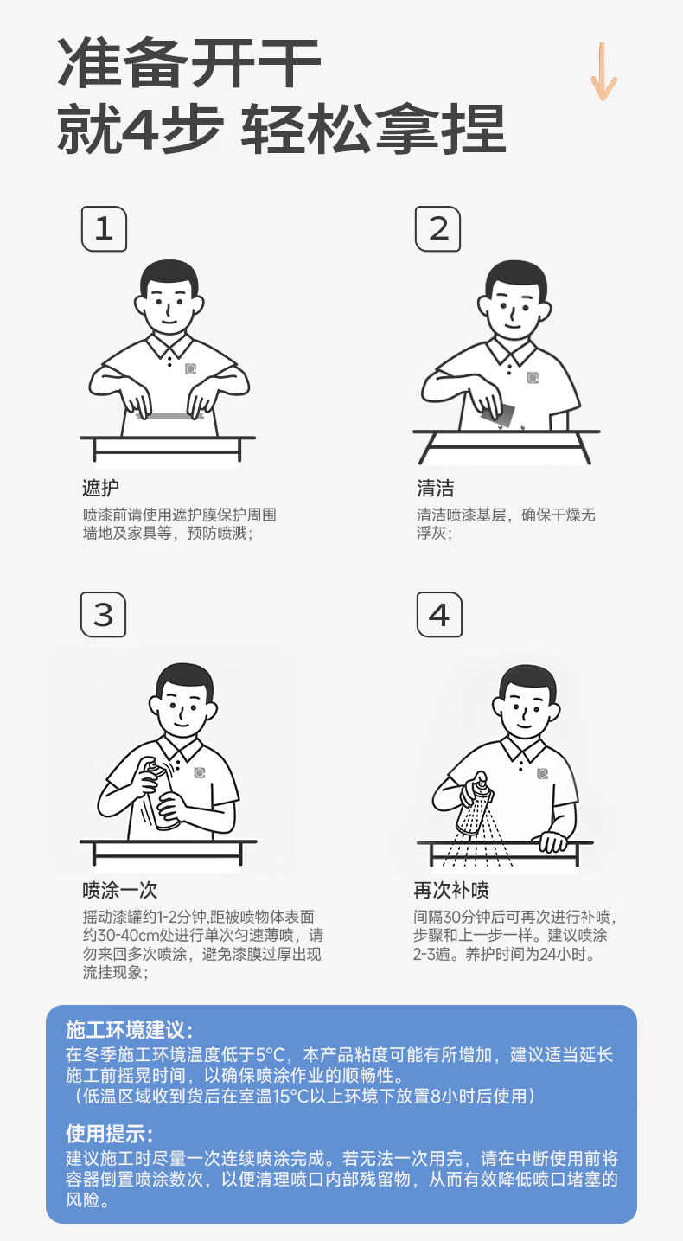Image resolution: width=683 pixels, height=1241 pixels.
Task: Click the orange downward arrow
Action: (602, 72)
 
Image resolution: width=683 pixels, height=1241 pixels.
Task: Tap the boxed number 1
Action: (104, 229)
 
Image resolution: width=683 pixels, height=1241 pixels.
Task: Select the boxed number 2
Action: (438, 229)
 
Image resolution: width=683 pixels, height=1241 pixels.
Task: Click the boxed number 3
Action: (104, 614)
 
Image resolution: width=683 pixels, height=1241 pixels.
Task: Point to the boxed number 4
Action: (439, 614)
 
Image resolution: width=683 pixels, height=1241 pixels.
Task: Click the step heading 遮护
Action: (100, 488)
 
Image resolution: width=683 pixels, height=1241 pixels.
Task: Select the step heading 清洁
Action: (436, 488)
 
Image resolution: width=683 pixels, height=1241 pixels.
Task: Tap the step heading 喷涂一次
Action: (119, 890)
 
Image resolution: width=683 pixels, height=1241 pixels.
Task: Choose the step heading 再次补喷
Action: (451, 890)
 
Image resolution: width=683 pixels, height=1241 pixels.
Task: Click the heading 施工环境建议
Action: (129, 1030)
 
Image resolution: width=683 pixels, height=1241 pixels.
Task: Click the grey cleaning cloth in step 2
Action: (498, 413)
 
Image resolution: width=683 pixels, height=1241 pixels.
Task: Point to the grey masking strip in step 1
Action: (169, 416)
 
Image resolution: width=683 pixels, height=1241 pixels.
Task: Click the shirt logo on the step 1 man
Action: (190, 369)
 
